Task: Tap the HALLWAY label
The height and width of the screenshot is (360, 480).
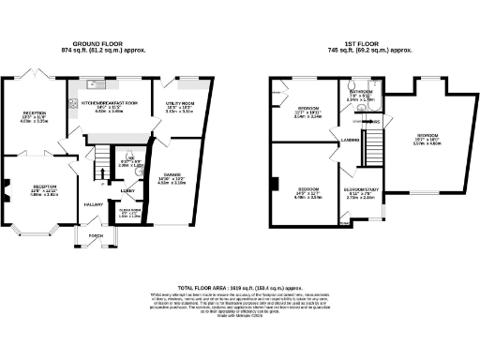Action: coord(95,203)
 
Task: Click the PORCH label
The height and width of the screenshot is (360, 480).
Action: coord(95,235)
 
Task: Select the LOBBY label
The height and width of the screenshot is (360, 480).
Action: coord(127,189)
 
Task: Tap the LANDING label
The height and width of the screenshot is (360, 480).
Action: coord(352,142)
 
